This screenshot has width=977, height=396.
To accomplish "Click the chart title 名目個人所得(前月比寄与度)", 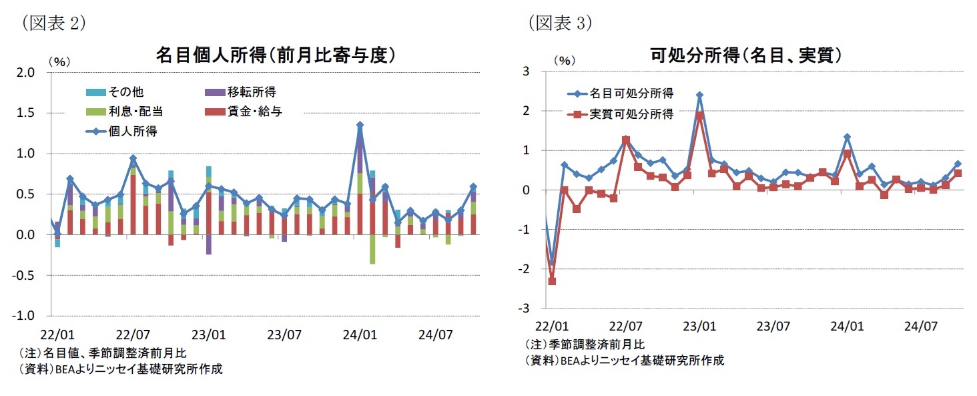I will [x=276, y=55].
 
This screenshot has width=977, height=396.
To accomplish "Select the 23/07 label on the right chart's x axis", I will [x=773, y=327].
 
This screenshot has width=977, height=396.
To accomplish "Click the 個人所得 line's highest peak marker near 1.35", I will [x=360, y=125].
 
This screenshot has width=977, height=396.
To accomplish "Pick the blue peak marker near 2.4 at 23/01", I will [x=699, y=95].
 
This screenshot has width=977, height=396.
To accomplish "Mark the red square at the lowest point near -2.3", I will [x=552, y=281].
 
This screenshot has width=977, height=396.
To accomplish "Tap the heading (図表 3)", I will [x=559, y=23].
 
